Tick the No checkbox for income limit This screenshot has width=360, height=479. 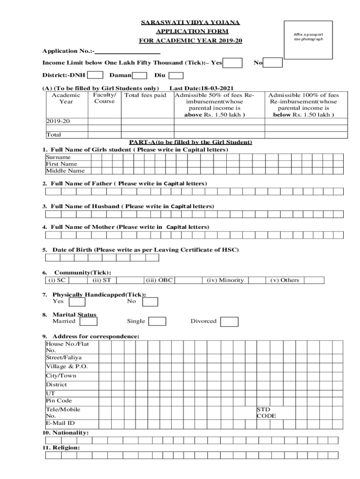point(274,63)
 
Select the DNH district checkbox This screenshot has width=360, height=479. point(95,75)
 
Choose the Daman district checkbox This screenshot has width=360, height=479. point(139,75)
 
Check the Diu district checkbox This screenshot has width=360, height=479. point(175,75)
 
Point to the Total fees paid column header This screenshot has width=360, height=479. point(145,95)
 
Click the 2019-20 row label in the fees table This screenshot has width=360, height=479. point(58,121)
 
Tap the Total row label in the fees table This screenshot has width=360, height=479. point(53,135)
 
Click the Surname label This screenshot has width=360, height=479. point(58,158)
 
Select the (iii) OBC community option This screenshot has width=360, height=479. point(159,280)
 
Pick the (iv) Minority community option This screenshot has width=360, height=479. point(225,280)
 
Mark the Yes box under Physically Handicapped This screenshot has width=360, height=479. point(77,302)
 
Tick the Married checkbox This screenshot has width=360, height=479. point(89,321)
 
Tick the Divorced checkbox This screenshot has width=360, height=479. point(229,322)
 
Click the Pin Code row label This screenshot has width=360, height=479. point(59,401)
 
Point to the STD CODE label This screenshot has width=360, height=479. point(266,413)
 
